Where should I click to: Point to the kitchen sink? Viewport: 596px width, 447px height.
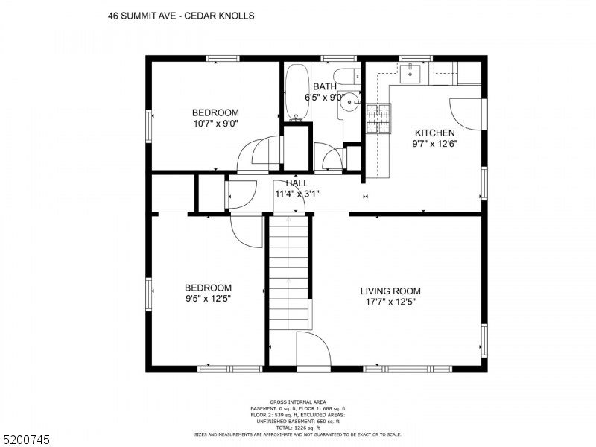(410, 73)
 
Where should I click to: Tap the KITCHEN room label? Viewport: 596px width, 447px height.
(434, 133)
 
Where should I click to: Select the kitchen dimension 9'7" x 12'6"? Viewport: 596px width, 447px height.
(434, 144)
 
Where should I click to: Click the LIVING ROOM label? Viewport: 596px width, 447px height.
(390, 291)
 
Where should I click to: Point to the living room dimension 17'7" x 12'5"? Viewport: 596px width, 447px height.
(390, 302)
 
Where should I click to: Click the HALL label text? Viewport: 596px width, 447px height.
(297, 183)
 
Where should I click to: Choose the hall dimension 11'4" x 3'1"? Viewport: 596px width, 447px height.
(297, 194)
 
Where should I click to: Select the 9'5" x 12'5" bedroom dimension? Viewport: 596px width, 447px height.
(208, 299)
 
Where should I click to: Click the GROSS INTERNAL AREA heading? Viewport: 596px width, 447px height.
(297, 402)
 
